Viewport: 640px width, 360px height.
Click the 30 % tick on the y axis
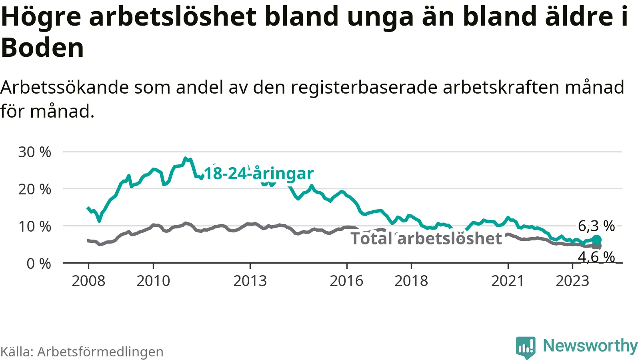(34, 152)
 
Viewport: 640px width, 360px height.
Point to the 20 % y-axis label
(34, 189)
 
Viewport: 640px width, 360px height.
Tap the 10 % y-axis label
(34, 226)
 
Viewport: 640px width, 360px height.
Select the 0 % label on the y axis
(39, 264)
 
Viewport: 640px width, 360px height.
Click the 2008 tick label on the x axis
(88, 281)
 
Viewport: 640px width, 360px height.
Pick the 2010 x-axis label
(153, 281)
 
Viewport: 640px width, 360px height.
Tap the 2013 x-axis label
(250, 281)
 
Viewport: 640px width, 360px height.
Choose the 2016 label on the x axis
(346, 281)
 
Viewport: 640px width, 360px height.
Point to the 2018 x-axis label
(411, 281)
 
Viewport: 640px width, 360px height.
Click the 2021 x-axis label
(508, 281)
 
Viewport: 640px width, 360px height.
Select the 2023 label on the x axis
(572, 281)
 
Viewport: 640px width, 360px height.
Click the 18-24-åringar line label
(259, 174)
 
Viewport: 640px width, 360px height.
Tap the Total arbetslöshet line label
(426, 238)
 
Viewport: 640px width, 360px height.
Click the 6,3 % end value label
(596, 226)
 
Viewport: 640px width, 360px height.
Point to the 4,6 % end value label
(596, 257)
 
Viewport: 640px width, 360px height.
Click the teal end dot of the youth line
(596, 240)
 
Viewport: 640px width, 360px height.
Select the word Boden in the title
(42, 48)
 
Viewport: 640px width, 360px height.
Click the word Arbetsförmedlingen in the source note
(100, 352)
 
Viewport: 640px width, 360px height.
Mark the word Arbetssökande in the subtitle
(64, 87)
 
